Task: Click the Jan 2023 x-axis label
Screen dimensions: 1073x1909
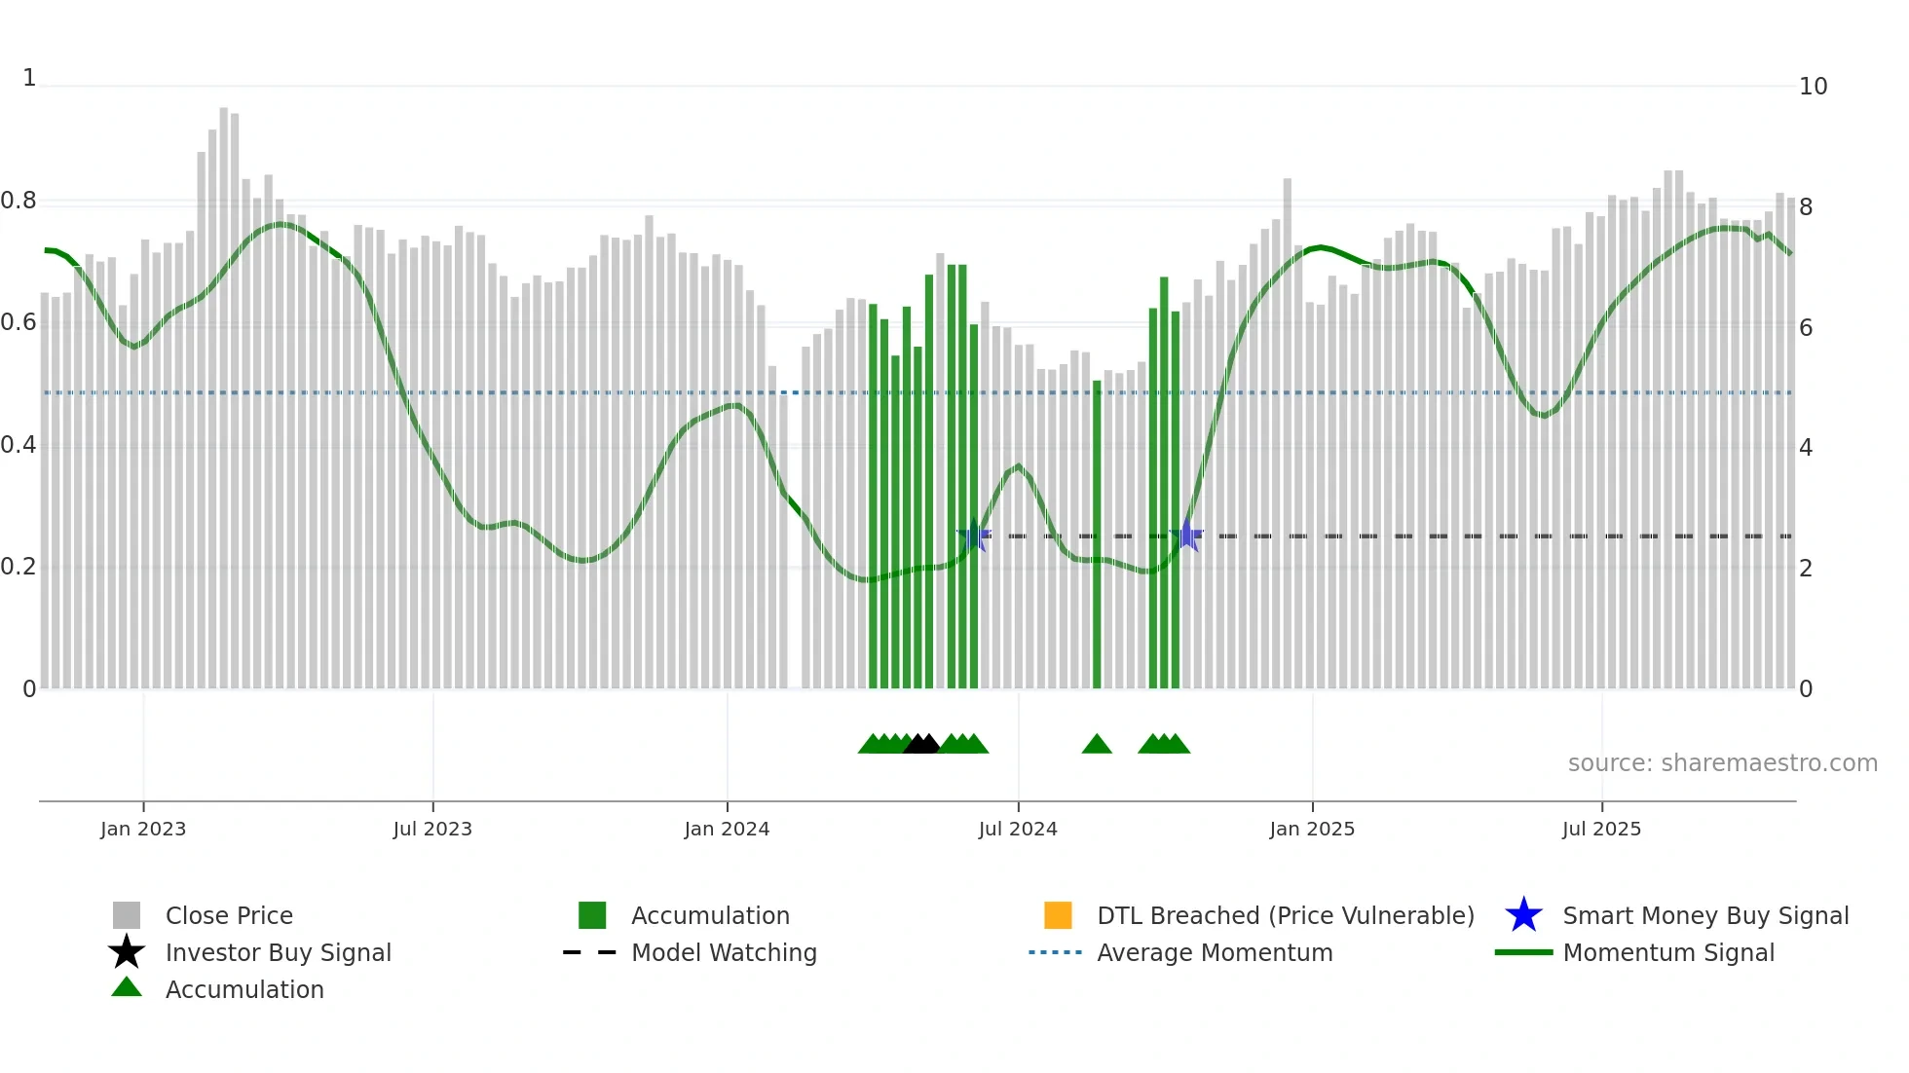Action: pyautogui.click(x=142, y=829)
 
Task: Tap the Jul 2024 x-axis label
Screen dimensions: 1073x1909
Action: pyautogui.click(x=1017, y=829)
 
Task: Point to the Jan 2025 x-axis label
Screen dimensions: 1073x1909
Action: pyautogui.click(x=1311, y=829)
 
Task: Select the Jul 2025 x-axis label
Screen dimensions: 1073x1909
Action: pyautogui.click(x=1601, y=829)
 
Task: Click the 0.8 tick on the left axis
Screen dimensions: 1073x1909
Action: pyautogui.click(x=19, y=201)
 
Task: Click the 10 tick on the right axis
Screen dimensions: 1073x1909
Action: pyautogui.click(x=1813, y=87)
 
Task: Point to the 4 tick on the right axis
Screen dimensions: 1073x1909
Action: pyautogui.click(x=1806, y=448)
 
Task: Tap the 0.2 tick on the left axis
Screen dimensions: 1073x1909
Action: pyautogui.click(x=19, y=567)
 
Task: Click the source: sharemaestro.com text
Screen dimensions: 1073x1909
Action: pyautogui.click(x=1722, y=762)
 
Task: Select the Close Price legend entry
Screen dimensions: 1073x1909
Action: pyautogui.click(x=229, y=915)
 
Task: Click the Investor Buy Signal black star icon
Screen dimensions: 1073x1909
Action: pyautogui.click(x=127, y=952)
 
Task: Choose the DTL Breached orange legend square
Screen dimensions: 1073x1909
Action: pyautogui.click(x=1058, y=915)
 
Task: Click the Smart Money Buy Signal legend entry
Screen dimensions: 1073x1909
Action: pyautogui.click(x=1704, y=915)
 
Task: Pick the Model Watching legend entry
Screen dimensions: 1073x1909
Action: pyautogui.click(x=723, y=952)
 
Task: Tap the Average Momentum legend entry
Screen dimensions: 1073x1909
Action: pyautogui.click(x=1214, y=952)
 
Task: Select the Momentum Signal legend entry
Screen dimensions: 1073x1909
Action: pyautogui.click(x=1667, y=952)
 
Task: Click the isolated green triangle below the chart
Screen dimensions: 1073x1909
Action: pyautogui.click(x=1097, y=744)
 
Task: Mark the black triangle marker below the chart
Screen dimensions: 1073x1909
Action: pyautogui.click(x=921, y=744)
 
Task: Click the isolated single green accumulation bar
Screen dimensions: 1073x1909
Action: pyautogui.click(x=1097, y=536)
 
